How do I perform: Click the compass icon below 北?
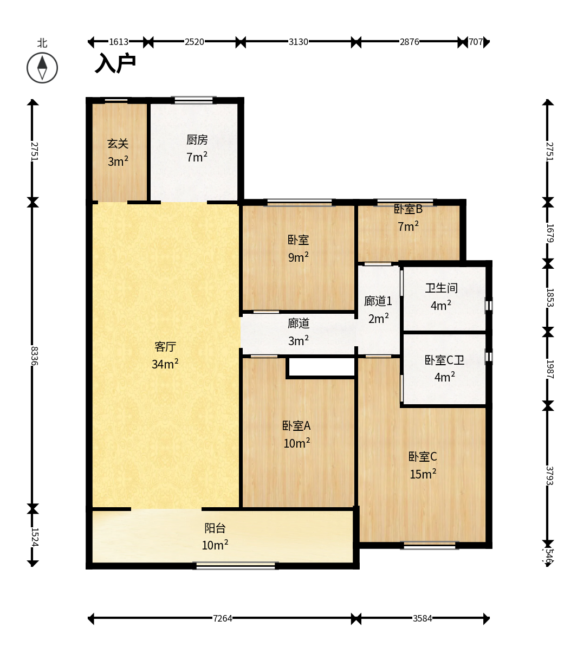click(42, 68)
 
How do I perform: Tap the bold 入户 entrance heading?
click(115, 63)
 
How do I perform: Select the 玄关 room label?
click(118, 144)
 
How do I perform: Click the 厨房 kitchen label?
click(197, 140)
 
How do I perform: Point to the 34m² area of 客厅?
click(165, 364)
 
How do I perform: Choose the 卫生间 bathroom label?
click(442, 288)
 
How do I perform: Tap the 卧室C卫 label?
click(445, 360)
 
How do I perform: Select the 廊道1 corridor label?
click(378, 301)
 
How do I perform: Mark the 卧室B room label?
click(408, 209)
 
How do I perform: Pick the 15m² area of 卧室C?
click(423, 474)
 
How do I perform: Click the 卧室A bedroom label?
click(296, 425)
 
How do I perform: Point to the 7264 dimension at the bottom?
click(223, 618)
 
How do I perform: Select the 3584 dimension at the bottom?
click(423, 618)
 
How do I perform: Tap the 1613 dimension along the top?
click(119, 42)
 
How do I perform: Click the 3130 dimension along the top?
click(299, 42)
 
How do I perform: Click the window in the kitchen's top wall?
click(193, 100)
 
